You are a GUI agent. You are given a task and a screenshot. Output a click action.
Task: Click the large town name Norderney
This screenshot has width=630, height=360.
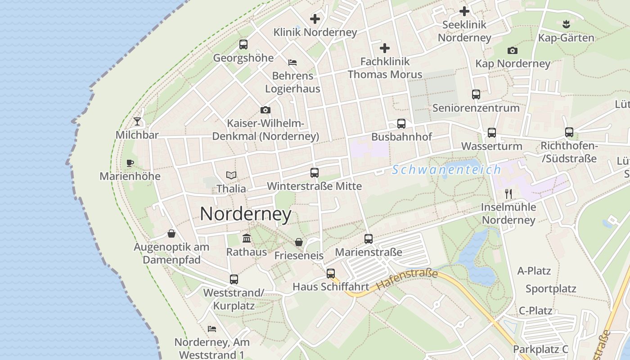[246, 214]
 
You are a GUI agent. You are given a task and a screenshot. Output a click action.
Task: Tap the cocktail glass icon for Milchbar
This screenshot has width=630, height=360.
[137, 121]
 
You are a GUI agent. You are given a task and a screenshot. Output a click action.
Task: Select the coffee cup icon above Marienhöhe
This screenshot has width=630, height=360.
[130, 163]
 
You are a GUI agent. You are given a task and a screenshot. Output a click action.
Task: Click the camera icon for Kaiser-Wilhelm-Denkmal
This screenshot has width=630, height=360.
[265, 110]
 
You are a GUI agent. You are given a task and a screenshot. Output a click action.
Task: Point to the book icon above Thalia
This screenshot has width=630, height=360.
[231, 175]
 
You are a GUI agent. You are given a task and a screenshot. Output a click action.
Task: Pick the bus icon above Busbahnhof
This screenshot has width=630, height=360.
[401, 124]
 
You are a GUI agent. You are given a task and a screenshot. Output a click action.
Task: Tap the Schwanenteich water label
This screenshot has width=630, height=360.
[446, 170]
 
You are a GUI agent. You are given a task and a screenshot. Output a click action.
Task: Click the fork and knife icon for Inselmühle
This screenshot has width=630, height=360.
[508, 194]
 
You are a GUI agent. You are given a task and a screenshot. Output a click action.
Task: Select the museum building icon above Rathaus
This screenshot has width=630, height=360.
[247, 238]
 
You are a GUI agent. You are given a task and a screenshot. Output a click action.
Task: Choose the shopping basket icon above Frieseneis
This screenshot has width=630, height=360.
[299, 243]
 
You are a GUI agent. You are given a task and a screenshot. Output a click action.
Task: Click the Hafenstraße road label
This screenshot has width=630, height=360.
[407, 279]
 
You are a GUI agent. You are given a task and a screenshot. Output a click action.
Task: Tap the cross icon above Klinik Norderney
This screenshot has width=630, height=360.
[315, 19]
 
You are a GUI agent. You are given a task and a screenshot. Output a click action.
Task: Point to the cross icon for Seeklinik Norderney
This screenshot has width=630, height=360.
[464, 11]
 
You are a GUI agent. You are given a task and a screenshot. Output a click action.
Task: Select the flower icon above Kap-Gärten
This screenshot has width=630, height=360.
[566, 24]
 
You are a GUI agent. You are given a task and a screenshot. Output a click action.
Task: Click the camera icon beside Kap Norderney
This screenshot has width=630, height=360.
[512, 50]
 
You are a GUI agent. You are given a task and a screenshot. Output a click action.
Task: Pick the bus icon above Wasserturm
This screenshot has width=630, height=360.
[492, 133]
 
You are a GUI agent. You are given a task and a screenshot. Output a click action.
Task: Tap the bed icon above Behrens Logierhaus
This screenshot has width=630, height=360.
[292, 62]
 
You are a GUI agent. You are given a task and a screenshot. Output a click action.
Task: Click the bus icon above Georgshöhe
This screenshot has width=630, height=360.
[243, 45]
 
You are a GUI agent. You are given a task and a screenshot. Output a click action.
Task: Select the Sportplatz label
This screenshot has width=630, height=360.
[551, 289]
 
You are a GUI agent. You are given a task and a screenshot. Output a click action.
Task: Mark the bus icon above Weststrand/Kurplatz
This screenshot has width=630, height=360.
[234, 279]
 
